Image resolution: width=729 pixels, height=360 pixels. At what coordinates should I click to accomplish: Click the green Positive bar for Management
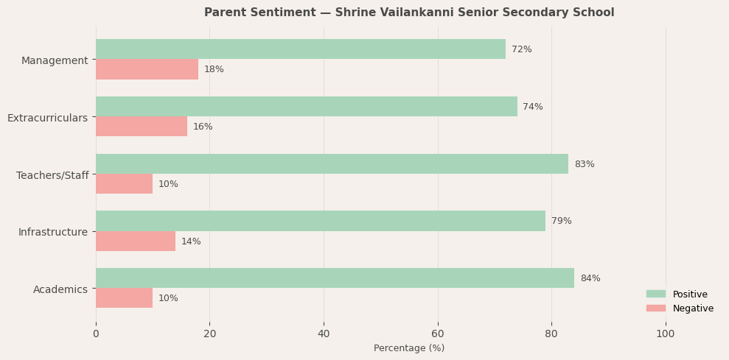pos(301,49)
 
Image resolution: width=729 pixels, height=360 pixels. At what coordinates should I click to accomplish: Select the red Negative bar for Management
pos(147,69)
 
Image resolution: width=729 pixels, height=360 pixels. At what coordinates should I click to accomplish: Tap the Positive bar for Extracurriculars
pos(307,107)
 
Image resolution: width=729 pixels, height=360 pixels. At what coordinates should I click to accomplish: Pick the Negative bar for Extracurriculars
pos(142,127)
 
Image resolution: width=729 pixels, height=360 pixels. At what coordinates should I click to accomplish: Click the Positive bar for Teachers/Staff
pos(332,164)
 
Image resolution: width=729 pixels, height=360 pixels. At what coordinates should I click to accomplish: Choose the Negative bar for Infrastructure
pos(136,241)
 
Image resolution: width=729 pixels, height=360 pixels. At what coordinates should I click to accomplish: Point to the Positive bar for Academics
pos(335,278)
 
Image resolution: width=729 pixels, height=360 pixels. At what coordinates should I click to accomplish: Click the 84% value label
pos(590,278)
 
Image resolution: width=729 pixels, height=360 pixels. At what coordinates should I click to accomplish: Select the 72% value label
pos(522,49)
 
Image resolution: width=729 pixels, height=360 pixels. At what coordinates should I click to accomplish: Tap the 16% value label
pos(203,127)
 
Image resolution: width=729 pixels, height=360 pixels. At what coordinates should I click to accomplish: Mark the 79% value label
pos(562,221)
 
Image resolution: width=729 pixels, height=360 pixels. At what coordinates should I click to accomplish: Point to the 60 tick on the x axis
pos(438,333)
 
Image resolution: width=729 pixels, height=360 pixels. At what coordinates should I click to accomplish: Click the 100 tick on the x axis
pos(666,333)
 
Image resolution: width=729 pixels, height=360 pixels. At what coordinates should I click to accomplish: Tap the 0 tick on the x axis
pos(96,333)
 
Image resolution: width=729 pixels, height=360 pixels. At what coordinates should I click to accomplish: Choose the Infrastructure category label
pos(53,232)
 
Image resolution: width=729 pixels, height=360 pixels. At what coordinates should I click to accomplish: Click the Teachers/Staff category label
pos(52,175)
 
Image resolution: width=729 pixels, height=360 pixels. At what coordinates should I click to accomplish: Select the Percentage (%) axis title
pos(409,348)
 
